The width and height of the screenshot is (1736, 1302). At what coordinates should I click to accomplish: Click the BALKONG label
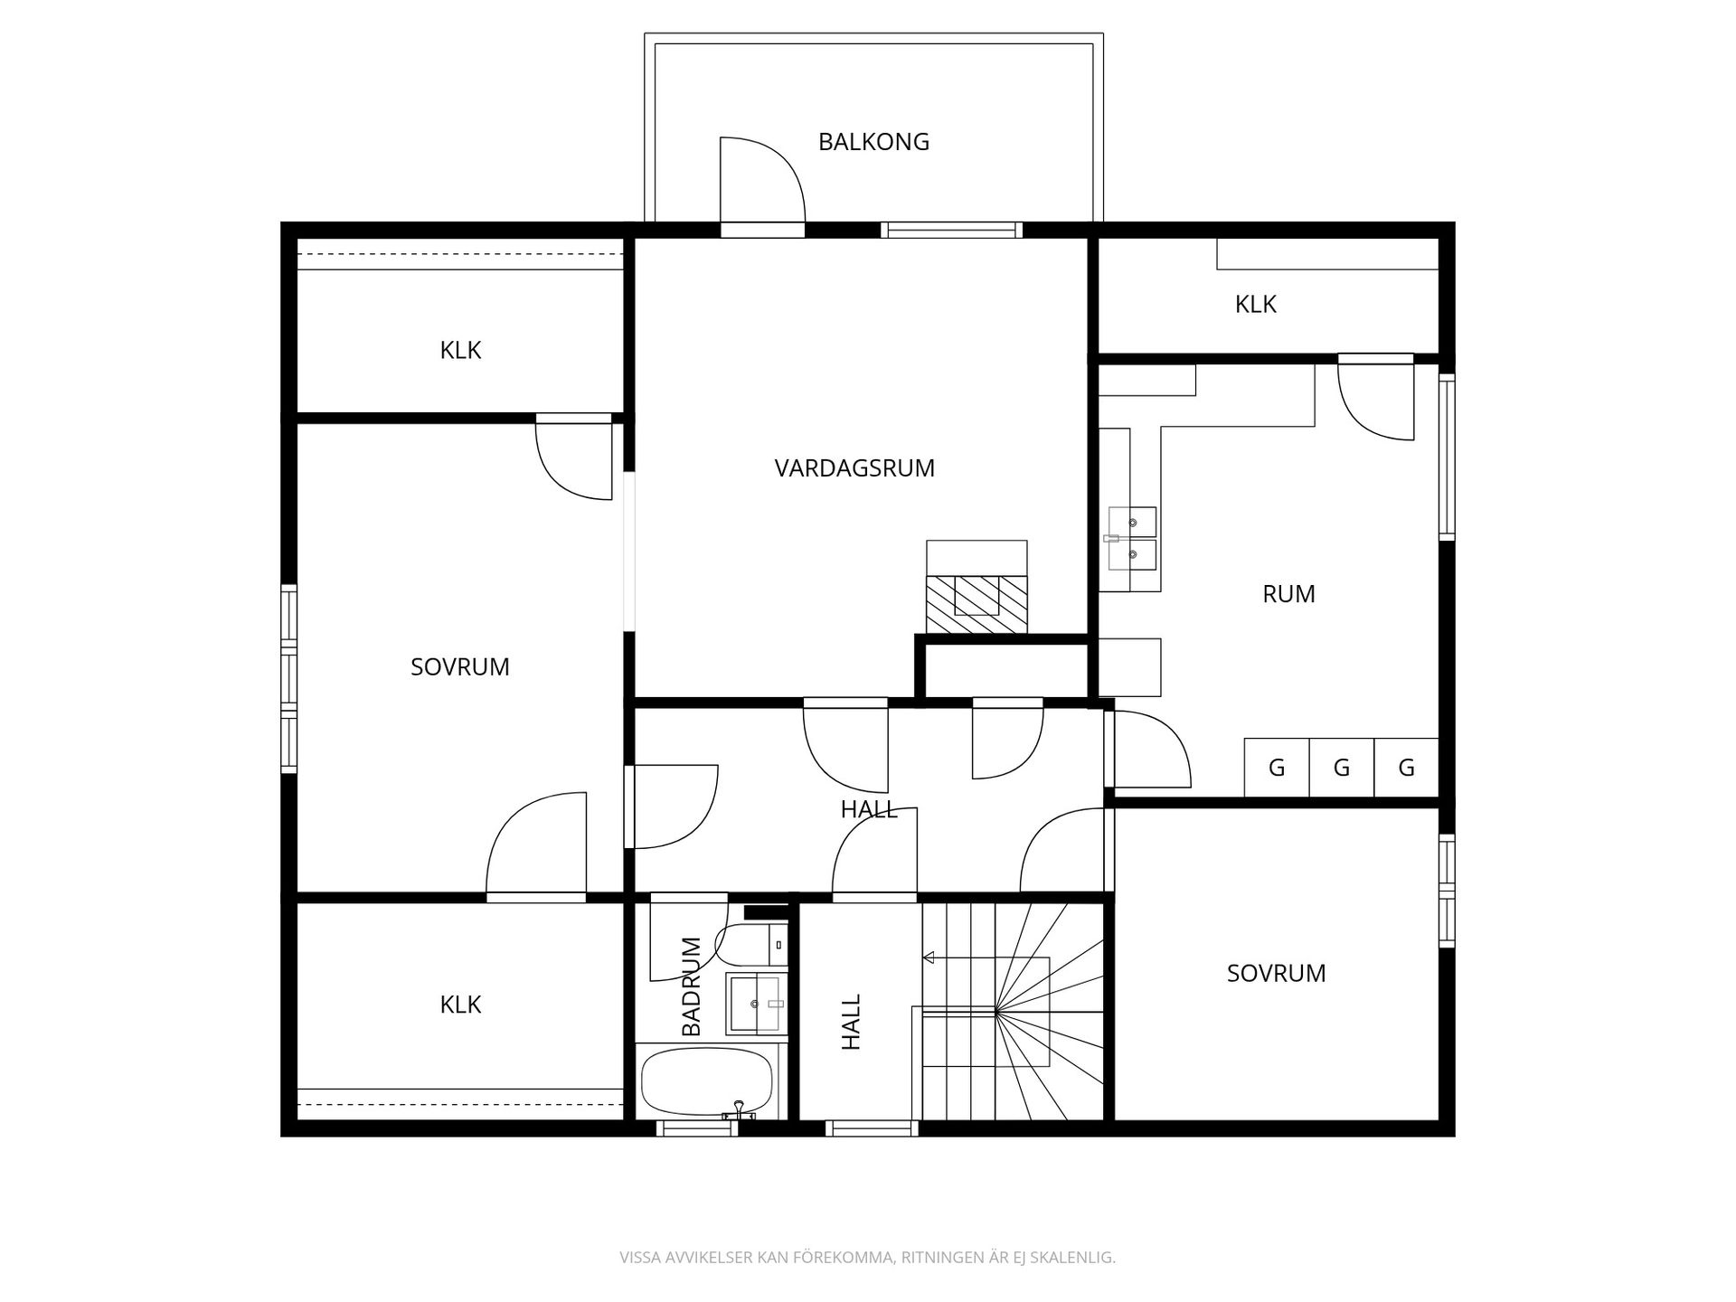873,142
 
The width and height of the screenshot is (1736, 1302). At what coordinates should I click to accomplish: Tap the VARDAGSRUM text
854,468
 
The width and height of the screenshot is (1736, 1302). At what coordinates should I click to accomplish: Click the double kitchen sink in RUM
1132,539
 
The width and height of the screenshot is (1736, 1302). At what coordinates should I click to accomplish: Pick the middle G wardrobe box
1342,768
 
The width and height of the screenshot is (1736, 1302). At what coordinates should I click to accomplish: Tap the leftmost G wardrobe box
1277,768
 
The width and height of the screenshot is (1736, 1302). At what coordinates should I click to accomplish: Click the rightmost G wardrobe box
1406,768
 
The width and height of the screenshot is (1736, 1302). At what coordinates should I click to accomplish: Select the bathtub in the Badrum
706,1081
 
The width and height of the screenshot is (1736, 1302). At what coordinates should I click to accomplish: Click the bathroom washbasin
757,1004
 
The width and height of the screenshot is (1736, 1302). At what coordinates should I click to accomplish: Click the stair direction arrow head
929,958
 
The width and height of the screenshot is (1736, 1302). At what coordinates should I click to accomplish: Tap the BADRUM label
692,987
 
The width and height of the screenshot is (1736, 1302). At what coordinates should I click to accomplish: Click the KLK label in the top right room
1255,305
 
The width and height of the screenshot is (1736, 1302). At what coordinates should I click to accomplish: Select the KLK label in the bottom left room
460,1005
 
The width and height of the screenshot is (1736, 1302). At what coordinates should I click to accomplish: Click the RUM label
1288,594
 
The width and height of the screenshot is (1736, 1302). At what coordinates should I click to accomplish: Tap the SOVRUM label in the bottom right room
1276,973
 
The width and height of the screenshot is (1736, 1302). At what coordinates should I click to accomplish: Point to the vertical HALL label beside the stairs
852,1022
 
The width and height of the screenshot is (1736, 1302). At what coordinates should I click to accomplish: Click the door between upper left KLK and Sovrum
575,457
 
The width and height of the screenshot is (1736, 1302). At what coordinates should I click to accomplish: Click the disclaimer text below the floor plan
867,1257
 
